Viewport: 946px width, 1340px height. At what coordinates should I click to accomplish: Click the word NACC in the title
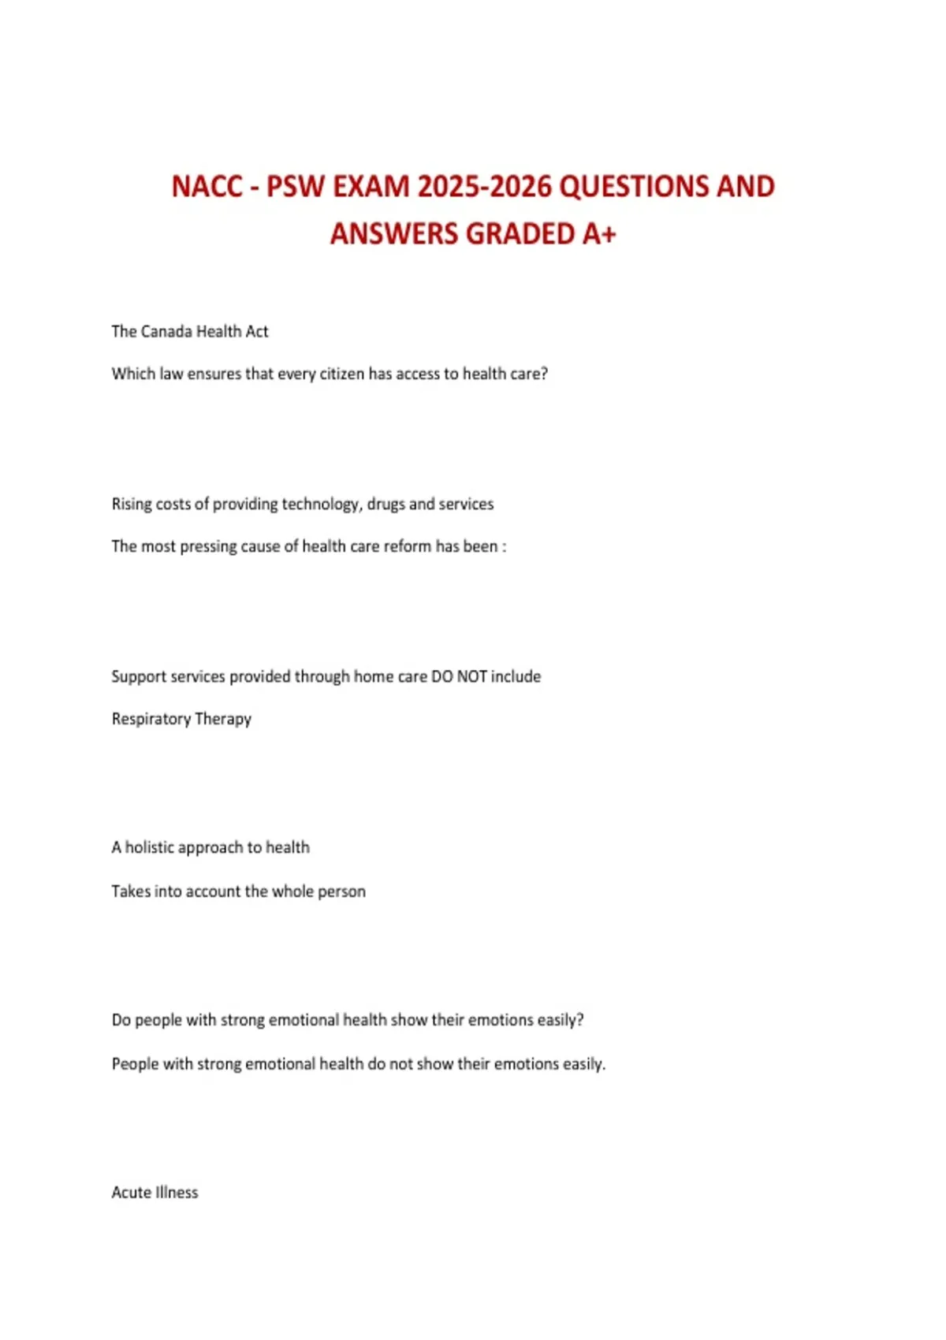(x=207, y=187)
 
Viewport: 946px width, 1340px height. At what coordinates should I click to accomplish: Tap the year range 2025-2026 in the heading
(x=484, y=187)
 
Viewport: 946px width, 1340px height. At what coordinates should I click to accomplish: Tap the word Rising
(x=132, y=504)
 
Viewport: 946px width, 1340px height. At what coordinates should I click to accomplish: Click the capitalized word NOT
(x=472, y=676)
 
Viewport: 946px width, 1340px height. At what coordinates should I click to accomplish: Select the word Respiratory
(x=151, y=719)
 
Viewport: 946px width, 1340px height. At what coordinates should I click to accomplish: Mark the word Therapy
(x=223, y=719)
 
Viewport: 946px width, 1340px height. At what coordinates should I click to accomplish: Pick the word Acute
(x=131, y=1193)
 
